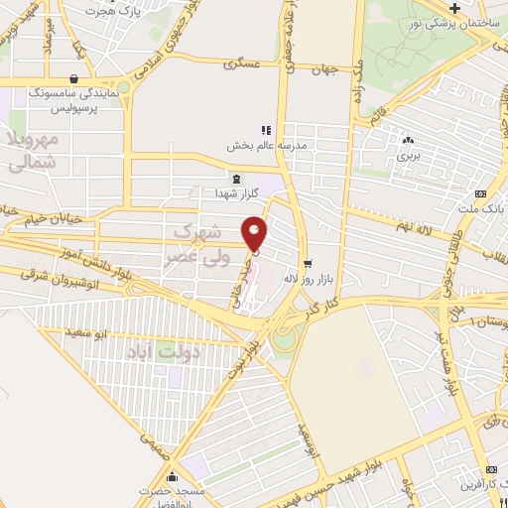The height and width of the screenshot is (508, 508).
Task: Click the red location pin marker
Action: click(256, 234)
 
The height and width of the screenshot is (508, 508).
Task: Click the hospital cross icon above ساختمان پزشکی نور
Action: click(452, 7)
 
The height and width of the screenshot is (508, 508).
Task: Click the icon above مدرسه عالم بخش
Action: click(265, 129)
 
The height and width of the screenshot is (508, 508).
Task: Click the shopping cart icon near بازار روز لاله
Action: click(308, 263)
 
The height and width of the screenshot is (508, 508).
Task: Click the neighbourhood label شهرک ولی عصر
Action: click(196, 243)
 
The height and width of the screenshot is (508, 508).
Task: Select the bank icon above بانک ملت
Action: click(481, 193)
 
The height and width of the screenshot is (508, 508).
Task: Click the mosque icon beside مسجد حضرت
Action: click(175, 476)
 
